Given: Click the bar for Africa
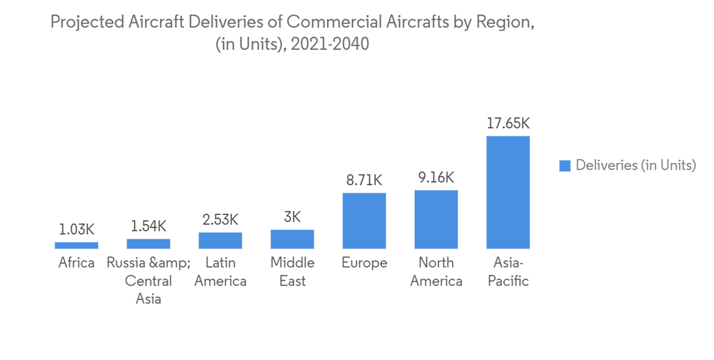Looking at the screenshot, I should (x=76, y=245).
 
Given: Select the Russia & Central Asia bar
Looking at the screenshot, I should (x=149, y=244).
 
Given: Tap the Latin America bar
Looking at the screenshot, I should (x=221, y=240).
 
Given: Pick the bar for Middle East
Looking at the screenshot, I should (x=292, y=239).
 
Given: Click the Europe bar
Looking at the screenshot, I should (x=364, y=221).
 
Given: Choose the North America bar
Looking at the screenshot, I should (x=436, y=219).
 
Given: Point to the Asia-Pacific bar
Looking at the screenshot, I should (x=508, y=192).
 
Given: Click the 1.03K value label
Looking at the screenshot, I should (x=76, y=229).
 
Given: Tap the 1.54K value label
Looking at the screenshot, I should (x=149, y=226).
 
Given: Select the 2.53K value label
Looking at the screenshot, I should (x=221, y=219).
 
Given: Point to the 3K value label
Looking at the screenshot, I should (x=292, y=216).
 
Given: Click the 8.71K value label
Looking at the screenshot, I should (x=364, y=180).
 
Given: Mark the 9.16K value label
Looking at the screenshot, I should (x=436, y=177).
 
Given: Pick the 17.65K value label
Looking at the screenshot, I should (x=508, y=123).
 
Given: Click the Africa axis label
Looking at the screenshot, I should (x=76, y=263).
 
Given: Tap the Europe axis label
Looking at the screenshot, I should (x=364, y=263).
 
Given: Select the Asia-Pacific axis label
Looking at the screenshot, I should (x=508, y=271).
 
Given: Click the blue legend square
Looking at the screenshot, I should (x=564, y=166).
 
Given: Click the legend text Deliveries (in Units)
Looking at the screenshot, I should (x=635, y=166).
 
